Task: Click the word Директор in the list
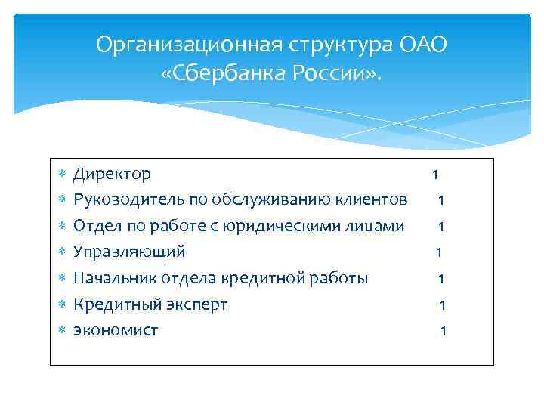[x=112, y=175]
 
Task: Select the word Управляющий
[x=128, y=252]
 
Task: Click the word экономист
[x=116, y=330]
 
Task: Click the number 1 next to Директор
[x=434, y=175]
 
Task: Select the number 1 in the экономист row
[x=444, y=331]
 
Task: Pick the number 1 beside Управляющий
[x=438, y=252]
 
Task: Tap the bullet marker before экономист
[x=63, y=331]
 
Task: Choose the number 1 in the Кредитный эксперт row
[x=443, y=305]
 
